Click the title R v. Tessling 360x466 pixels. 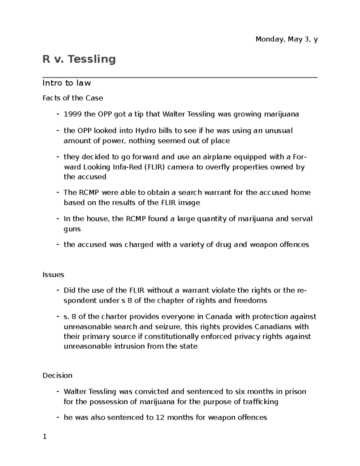[79, 59]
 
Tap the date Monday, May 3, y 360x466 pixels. [286, 39]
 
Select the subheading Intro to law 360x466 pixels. [67, 83]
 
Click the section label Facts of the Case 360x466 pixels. [73, 98]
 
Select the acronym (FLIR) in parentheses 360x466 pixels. [155, 167]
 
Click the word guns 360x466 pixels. [72, 229]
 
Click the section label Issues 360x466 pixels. [53, 275]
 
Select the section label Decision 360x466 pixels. [57, 375]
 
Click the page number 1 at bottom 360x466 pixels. [45, 437]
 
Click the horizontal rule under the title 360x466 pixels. [180, 77]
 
